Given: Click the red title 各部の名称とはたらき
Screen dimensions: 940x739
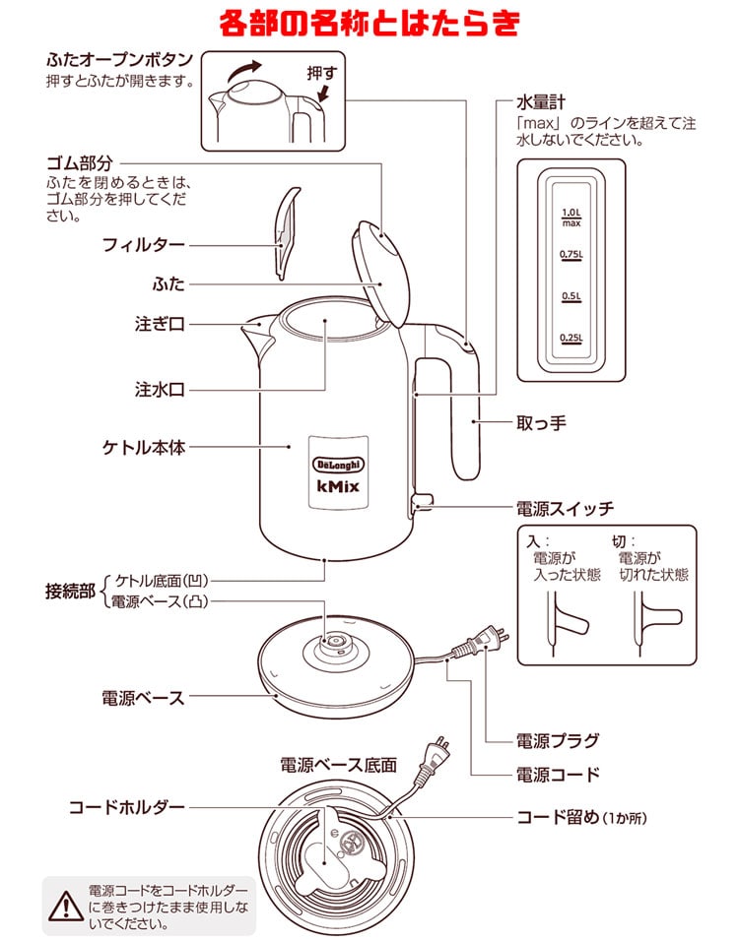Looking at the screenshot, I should [369, 22].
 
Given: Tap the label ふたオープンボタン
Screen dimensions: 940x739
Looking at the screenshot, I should [118, 58].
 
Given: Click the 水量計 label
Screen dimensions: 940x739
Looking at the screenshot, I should [541, 101].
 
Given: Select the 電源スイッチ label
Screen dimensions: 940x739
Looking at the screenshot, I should [565, 509].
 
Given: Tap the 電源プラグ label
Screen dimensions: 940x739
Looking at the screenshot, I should [558, 740].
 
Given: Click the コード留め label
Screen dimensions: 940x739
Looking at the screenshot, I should [559, 817].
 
